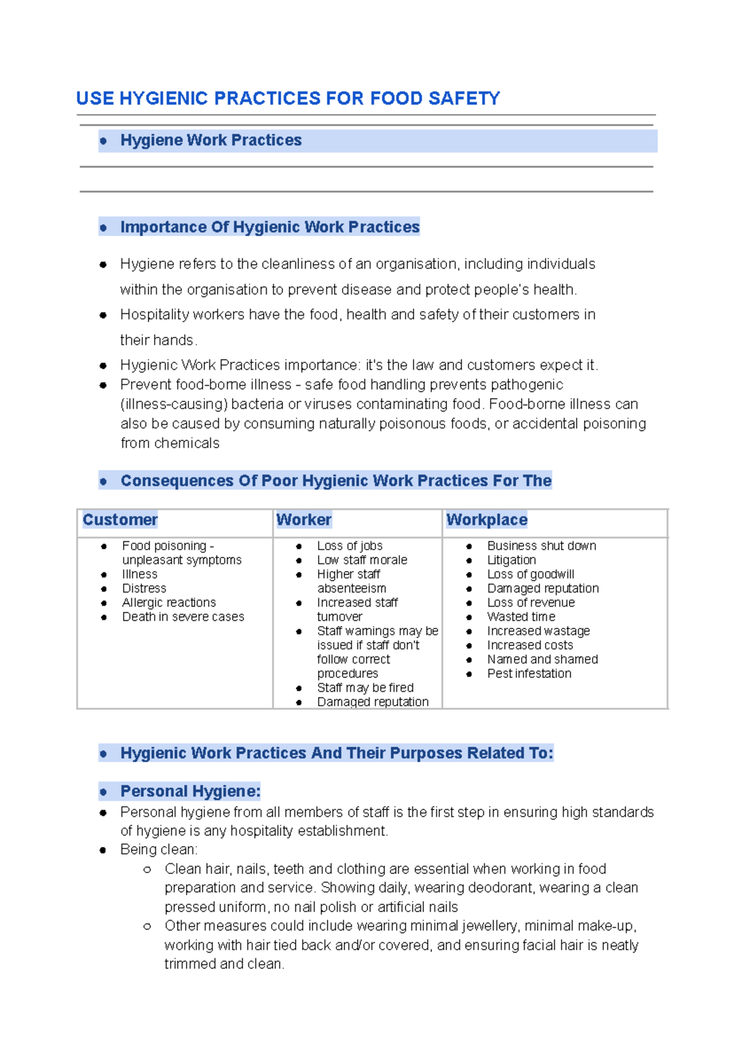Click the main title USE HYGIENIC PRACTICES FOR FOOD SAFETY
point(288,99)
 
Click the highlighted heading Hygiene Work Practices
point(211,140)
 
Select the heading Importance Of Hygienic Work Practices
point(270,227)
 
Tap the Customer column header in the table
point(120,520)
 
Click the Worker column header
point(303,520)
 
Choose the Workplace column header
point(486,520)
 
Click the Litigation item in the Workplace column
point(511,560)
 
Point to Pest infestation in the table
point(529,673)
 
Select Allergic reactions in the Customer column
point(169,602)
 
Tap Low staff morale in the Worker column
point(361,560)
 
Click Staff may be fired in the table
point(365,687)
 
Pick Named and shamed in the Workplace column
point(543,659)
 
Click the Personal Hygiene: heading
point(190,792)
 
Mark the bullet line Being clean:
point(159,850)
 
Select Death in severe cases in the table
point(183,616)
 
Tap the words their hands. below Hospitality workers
point(158,340)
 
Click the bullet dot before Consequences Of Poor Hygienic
point(103,482)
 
